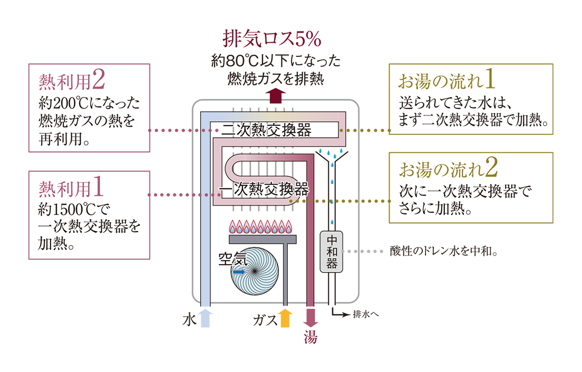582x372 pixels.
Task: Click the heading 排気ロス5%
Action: point(272,38)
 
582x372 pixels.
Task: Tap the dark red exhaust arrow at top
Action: point(275,96)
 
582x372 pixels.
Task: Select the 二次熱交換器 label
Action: point(267,130)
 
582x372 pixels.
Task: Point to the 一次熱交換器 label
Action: point(264,189)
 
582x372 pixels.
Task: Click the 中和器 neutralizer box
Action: point(332,252)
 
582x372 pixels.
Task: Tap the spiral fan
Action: point(255,271)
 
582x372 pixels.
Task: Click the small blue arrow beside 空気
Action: point(239,272)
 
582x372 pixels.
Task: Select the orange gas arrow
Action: point(285,318)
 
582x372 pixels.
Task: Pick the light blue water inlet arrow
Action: point(205,318)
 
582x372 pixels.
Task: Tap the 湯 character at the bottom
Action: point(311,337)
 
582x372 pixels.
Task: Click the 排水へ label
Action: point(366,315)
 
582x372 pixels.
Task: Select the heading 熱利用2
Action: point(72,81)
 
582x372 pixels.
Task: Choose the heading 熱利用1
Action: point(71,188)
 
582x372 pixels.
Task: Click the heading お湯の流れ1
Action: point(447,80)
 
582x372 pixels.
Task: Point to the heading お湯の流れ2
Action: point(449,168)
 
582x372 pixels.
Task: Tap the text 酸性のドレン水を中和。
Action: point(444,251)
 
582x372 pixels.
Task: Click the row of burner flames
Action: point(260,226)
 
